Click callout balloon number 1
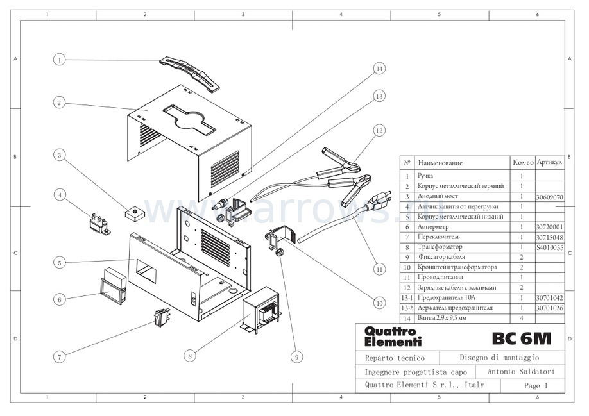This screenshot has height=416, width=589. tap(59, 60)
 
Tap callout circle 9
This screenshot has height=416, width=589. tap(296, 356)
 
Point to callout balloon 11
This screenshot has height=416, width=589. tap(379, 270)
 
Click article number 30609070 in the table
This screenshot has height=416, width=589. tap(549, 196)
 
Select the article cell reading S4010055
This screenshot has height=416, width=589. tap(549, 247)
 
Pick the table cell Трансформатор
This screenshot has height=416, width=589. tap(440, 247)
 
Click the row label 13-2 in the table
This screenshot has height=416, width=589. tap(406, 308)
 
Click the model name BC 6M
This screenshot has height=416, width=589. tap(520, 338)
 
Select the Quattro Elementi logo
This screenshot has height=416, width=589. tap(384, 337)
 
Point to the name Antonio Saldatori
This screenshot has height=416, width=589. tap(520, 372)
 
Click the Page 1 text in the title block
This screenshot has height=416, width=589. tap(536, 386)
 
